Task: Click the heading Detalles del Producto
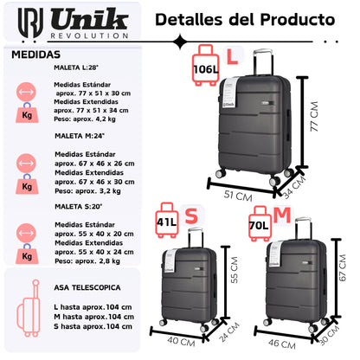pyautogui.click(x=246, y=18)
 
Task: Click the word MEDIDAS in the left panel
pyautogui.click(x=30, y=54)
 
